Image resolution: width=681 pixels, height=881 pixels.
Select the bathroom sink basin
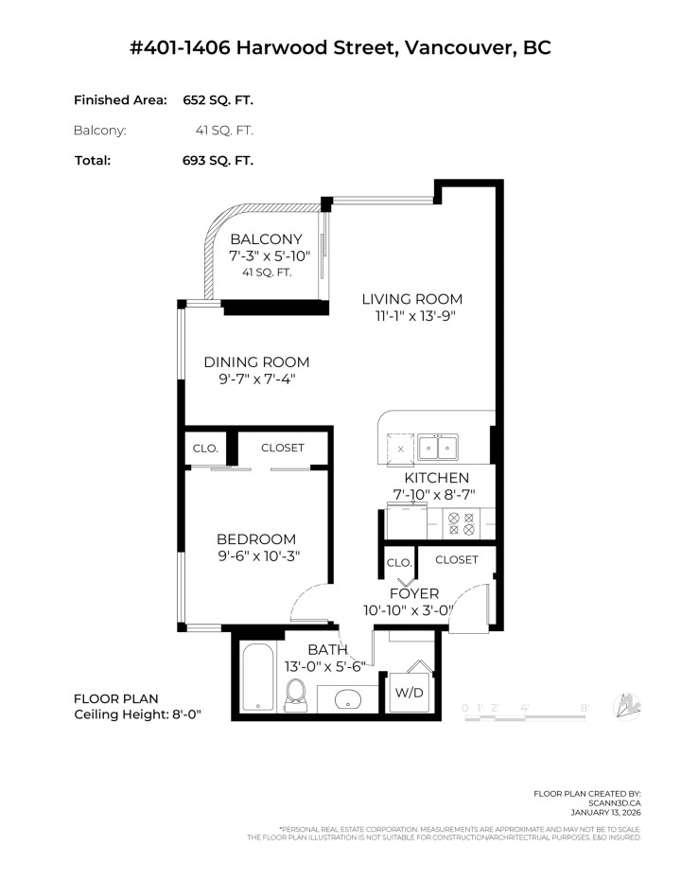pos(346,701)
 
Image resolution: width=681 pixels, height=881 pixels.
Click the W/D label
pos(409,693)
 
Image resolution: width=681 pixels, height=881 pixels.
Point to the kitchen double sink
pos(438,447)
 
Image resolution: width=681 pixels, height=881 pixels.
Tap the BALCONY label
pos(266,239)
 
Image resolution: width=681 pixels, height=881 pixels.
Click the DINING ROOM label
pos(256,362)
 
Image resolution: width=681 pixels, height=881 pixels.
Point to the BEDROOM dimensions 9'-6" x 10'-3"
pos(257,556)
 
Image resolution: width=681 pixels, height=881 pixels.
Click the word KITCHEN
pos(436,478)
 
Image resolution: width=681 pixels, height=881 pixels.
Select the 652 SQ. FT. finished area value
pos(218,100)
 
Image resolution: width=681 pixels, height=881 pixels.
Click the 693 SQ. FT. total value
pos(218,160)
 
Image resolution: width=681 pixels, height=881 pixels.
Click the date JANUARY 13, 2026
pos(605,811)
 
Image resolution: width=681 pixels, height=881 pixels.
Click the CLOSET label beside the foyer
pos(456,559)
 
